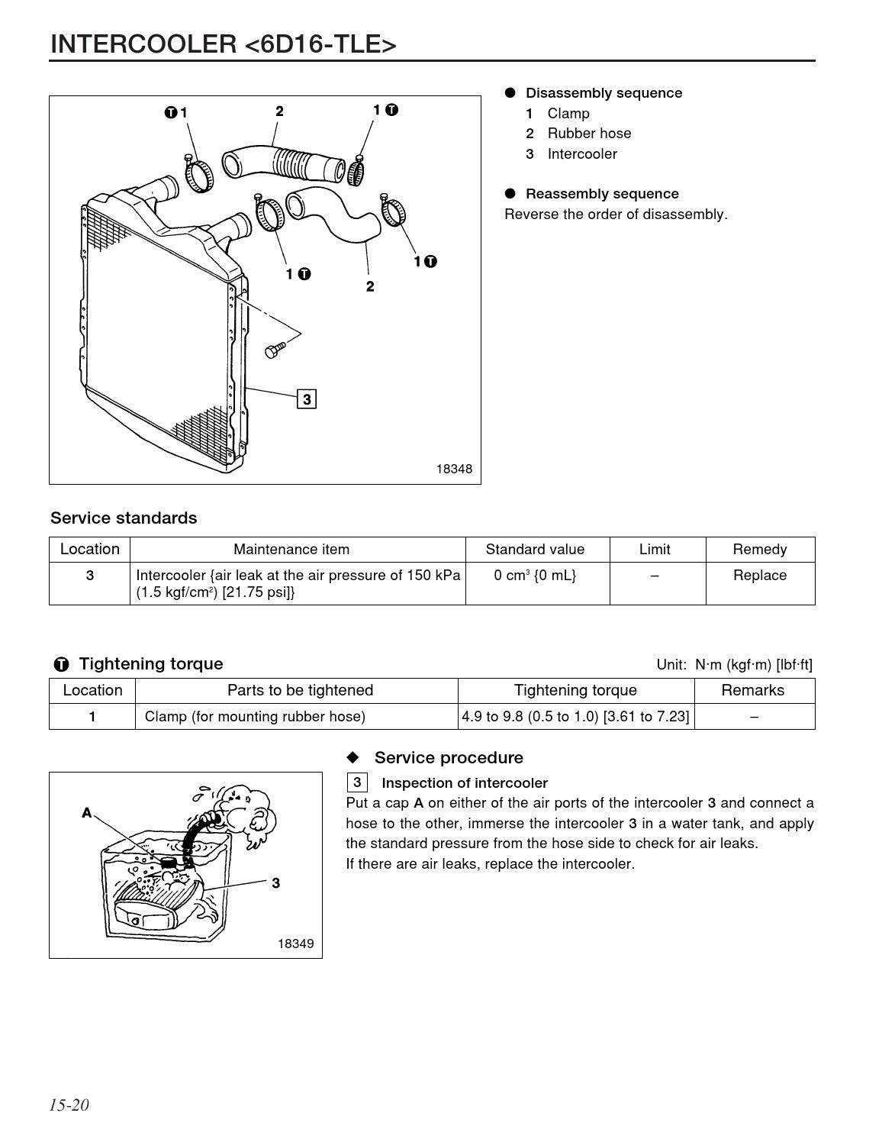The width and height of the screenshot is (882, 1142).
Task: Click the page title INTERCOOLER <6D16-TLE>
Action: pyautogui.click(x=223, y=45)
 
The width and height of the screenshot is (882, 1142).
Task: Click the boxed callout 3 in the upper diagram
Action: pyautogui.click(x=306, y=399)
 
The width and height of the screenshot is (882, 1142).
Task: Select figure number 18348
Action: pyautogui.click(x=454, y=469)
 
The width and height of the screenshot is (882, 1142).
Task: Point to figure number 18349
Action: pyautogui.click(x=295, y=944)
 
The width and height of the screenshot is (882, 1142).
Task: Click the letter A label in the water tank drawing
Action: pyautogui.click(x=87, y=813)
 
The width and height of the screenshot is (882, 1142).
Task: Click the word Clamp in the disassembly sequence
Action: pyautogui.click(x=568, y=114)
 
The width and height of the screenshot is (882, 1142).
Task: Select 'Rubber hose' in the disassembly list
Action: pyautogui.click(x=589, y=134)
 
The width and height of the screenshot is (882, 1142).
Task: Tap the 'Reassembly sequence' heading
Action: pyautogui.click(x=601, y=194)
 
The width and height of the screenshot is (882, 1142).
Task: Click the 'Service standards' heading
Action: pyautogui.click(x=124, y=518)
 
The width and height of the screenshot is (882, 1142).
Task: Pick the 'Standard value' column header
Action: pyautogui.click(x=535, y=550)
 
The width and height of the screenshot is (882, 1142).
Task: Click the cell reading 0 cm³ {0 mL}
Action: pyautogui.click(x=535, y=576)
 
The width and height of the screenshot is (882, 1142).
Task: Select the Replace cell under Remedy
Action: pyautogui.click(x=759, y=576)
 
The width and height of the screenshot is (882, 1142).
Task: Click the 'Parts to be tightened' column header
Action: pyautogui.click(x=300, y=691)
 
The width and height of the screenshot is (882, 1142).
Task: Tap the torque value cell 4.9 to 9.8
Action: pyautogui.click(x=575, y=717)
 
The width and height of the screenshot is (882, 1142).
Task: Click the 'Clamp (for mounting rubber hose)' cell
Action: pyautogui.click(x=255, y=717)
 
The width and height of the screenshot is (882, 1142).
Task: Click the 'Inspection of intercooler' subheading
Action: pyautogui.click(x=464, y=783)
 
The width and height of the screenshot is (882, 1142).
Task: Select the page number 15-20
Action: pyautogui.click(x=69, y=1105)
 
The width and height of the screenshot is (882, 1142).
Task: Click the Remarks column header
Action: pyautogui.click(x=753, y=691)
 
